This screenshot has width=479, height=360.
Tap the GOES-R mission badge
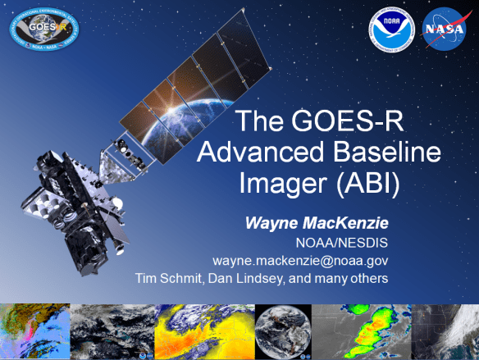click(46, 29)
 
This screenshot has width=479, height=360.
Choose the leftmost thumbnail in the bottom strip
click(34, 330)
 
